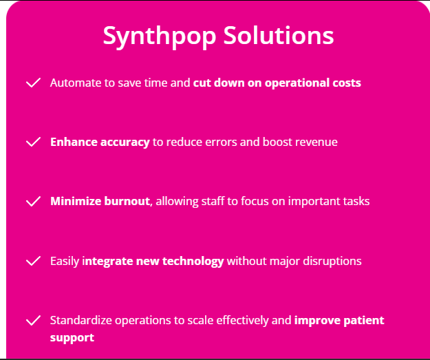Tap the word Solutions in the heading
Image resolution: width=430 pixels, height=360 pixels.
tap(279, 35)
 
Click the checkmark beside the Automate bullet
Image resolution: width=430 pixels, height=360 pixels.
tap(33, 83)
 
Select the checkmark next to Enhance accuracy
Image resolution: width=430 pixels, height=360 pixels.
tap(33, 142)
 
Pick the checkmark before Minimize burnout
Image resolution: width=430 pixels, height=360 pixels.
tap(33, 201)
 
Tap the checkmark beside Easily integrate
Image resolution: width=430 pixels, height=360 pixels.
tap(33, 261)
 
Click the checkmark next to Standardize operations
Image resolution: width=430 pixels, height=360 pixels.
tap(33, 320)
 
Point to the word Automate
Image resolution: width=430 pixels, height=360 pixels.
tap(76, 83)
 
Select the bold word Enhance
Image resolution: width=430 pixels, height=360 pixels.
tap(74, 142)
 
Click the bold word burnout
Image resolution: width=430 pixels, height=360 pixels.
tap(127, 202)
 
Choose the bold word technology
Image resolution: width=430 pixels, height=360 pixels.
tap(193, 261)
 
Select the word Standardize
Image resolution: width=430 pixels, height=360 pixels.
tap(81, 321)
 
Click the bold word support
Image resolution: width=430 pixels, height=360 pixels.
tap(72, 338)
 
